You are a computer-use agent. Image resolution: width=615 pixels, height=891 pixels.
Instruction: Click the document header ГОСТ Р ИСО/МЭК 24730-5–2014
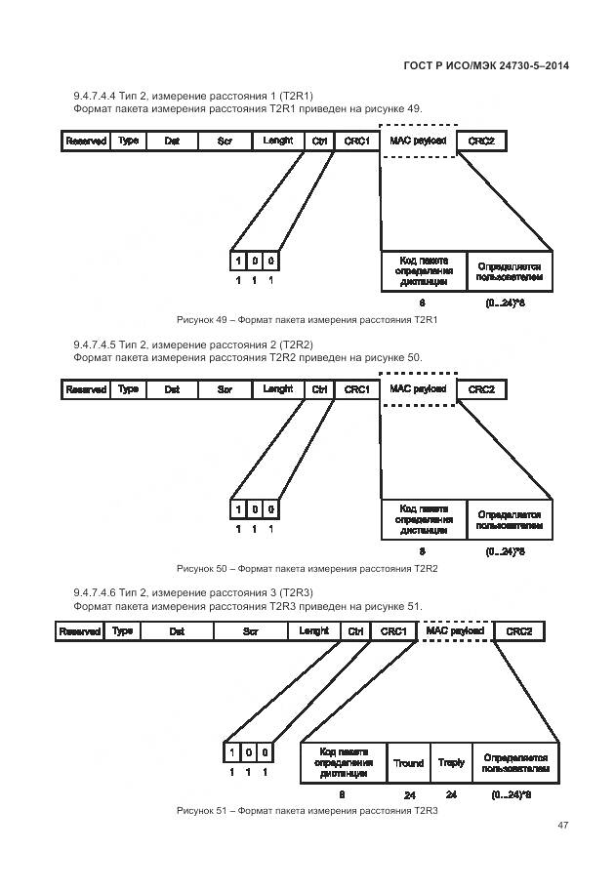[486, 65]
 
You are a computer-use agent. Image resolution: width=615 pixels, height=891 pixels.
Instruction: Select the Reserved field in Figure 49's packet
[86, 142]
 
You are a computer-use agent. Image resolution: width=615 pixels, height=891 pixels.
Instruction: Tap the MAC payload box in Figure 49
[418, 142]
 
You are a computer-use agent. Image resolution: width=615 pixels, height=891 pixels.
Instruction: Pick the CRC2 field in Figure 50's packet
[481, 389]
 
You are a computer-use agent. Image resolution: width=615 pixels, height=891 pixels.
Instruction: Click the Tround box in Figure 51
[408, 763]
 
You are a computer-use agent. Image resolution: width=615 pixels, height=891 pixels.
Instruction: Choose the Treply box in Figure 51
[451, 763]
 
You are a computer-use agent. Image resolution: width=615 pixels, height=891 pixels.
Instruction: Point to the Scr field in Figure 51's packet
[250, 631]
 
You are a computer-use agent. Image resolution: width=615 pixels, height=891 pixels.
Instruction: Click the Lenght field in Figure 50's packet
[278, 389]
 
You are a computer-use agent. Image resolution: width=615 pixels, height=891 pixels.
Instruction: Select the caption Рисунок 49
[307, 320]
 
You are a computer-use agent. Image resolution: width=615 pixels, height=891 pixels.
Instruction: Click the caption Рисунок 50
[307, 568]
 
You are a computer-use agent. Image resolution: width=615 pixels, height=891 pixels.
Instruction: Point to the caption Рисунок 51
[307, 811]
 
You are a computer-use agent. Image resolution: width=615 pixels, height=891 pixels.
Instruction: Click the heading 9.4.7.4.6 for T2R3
[193, 592]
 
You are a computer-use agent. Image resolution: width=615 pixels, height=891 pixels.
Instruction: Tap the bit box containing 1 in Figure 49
[237, 261]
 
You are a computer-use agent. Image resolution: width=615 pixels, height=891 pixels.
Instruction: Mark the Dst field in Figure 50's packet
[172, 389]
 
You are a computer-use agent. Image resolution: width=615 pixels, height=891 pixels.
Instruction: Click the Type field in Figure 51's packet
[122, 631]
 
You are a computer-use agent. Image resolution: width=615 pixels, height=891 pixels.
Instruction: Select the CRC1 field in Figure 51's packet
[393, 631]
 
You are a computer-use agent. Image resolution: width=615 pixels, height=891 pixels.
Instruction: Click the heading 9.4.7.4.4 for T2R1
[192, 96]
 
